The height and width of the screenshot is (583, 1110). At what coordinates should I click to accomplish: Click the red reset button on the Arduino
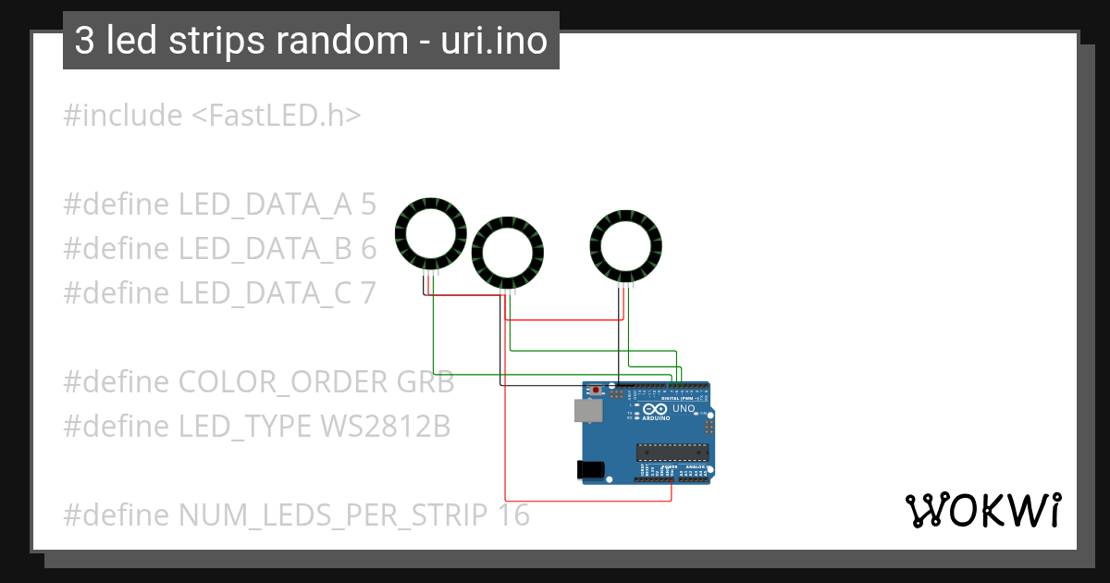tap(597, 391)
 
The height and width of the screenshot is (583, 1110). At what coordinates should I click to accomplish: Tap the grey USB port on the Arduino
tap(585, 410)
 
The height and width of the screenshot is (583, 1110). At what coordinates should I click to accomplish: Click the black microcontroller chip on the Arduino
tap(672, 452)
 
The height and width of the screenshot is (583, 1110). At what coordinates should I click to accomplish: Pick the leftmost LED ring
tap(428, 232)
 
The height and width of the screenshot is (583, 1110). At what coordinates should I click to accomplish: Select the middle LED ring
tap(508, 253)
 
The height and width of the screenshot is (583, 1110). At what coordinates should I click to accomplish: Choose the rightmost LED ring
tap(626, 245)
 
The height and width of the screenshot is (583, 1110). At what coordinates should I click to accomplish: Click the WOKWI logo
tap(982, 510)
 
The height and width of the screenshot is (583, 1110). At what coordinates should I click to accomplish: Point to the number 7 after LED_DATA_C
tap(368, 292)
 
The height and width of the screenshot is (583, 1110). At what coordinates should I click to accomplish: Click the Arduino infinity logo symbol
tap(655, 408)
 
